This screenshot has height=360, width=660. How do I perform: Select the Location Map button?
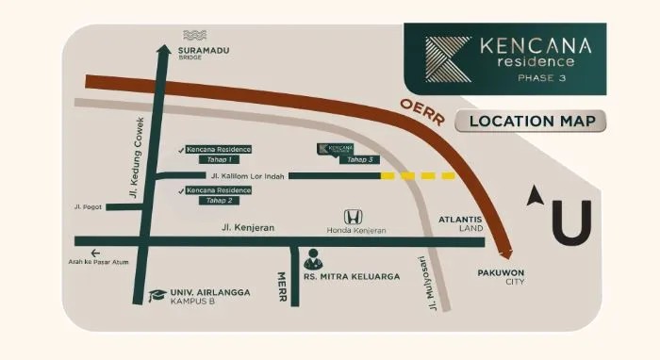(x=531, y=121)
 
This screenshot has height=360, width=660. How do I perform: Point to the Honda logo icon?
(x=350, y=217)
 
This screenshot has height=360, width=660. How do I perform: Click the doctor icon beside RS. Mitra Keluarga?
(x=312, y=257)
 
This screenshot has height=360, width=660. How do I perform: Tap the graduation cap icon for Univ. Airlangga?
(x=156, y=297)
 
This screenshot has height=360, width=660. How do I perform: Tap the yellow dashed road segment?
(x=417, y=176)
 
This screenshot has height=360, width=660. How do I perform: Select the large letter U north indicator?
(x=570, y=221)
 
